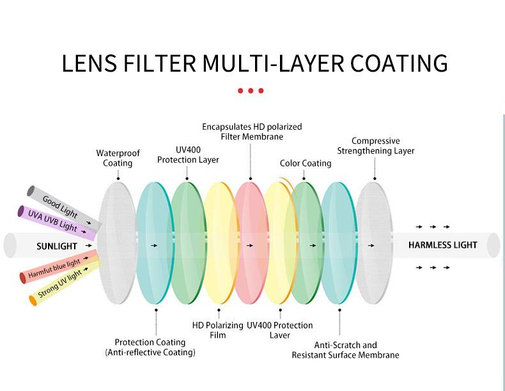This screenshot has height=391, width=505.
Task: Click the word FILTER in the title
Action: click(x=160, y=63)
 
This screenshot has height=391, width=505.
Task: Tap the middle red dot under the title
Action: click(x=251, y=91)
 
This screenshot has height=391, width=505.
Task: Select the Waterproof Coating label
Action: click(x=118, y=158)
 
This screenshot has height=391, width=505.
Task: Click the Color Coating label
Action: click(x=306, y=163)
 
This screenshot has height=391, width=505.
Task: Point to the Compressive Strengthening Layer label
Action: click(x=375, y=146)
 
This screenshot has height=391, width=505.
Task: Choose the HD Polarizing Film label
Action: click(x=218, y=330)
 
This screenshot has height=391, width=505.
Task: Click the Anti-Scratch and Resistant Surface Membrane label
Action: click(x=345, y=350)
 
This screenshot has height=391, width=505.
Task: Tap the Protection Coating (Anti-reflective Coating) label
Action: click(x=150, y=347)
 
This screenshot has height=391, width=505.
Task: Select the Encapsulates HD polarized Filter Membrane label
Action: click(x=252, y=132)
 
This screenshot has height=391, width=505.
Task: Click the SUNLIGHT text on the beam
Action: click(x=57, y=246)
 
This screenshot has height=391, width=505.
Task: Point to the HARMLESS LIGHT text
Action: click(x=442, y=245)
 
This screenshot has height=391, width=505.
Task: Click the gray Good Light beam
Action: click(x=64, y=208)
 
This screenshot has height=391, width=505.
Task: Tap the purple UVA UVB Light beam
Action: click(x=57, y=223)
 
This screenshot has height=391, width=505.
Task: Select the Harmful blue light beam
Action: click(x=59, y=267)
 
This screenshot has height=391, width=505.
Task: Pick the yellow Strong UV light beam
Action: click(x=65, y=283)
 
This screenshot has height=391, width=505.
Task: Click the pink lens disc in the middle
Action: click(x=251, y=243)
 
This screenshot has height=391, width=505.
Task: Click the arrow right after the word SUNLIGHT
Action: click(x=89, y=246)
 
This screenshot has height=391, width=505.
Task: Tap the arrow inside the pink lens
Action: click(x=249, y=246)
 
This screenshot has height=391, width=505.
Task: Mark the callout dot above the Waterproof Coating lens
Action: click(x=118, y=179)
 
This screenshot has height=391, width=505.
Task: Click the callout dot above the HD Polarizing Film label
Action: click(x=219, y=310)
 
